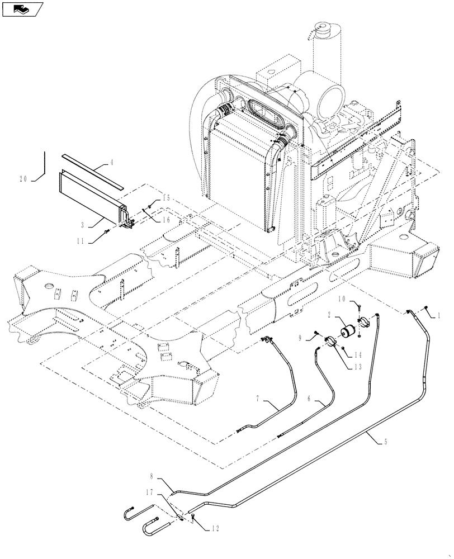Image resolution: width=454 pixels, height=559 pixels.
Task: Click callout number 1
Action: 439,315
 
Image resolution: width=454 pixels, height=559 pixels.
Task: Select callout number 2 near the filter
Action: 331,316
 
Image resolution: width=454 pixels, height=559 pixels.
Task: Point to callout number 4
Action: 111,163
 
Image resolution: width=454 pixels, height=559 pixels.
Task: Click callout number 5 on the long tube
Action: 385,441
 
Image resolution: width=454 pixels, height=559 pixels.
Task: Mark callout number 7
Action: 258,399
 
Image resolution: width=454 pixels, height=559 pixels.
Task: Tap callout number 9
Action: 315,338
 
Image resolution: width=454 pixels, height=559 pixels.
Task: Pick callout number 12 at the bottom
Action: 213,528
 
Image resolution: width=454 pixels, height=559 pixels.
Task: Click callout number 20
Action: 23,179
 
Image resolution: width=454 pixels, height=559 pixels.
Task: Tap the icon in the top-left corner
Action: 23,8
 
